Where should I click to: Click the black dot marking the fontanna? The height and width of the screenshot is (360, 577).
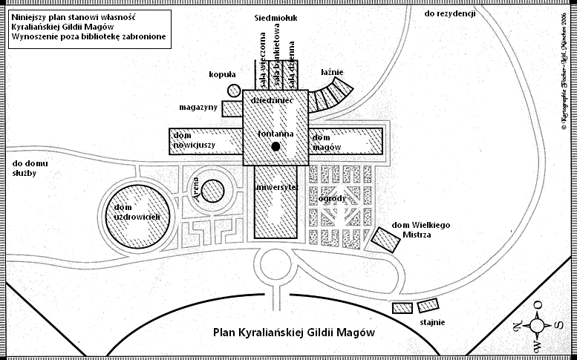pyautogui.click(x=276, y=147)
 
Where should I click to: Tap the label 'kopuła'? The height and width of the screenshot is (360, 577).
pyautogui.click(x=222, y=74)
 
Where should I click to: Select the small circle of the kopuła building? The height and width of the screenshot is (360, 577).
pyautogui.click(x=234, y=91)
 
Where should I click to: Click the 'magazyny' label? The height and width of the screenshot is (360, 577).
pyautogui.click(x=198, y=107)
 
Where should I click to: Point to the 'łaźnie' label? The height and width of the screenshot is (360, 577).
pyautogui.click(x=332, y=73)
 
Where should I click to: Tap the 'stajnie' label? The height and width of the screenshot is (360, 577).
pyautogui.click(x=433, y=321)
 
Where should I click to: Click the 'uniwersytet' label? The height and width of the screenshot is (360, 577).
pyautogui.click(x=276, y=188)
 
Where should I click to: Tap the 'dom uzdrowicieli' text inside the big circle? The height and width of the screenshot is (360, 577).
pyautogui.click(x=143, y=211)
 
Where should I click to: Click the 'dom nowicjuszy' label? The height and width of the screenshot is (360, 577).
pyautogui.click(x=194, y=141)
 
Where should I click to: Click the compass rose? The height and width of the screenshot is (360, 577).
pyautogui.click(x=540, y=324)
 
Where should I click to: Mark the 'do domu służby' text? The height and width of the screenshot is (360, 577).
pyautogui.click(x=25, y=168)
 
